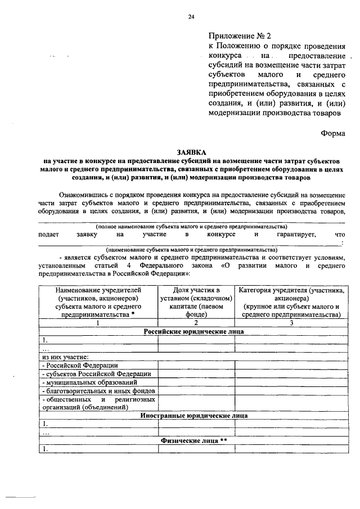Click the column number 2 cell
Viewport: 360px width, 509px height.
click(196, 323)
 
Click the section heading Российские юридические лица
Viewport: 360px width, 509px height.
click(191, 331)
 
